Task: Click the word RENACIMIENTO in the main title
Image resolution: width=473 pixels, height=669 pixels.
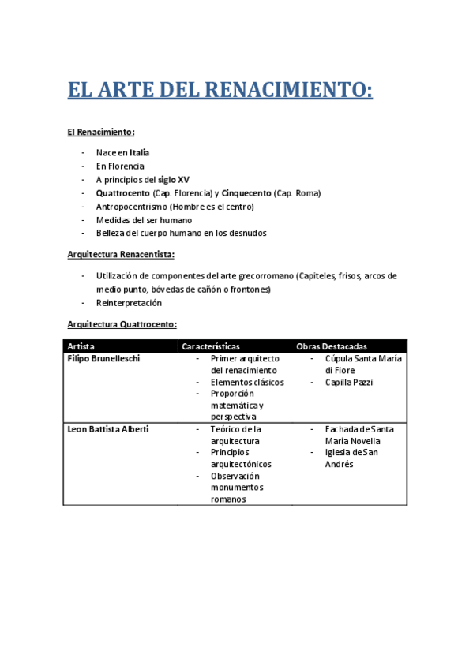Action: pos(289,90)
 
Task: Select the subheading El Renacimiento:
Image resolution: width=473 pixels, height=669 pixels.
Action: pos(101,132)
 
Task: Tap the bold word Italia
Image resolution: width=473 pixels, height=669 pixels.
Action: pos(140,152)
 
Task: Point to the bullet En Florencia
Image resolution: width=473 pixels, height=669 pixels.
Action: pos(120,166)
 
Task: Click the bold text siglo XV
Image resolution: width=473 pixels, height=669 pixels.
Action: pos(174,180)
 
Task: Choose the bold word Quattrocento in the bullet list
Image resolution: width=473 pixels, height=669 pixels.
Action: pos(123,193)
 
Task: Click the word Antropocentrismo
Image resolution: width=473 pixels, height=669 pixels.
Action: pos(131,207)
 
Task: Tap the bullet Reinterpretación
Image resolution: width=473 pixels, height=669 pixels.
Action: pos(129,303)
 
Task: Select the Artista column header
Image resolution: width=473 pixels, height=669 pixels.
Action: pos(81,346)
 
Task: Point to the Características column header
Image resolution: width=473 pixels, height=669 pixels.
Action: pos(211,346)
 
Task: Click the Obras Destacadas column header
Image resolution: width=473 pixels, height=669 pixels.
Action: pos(331,346)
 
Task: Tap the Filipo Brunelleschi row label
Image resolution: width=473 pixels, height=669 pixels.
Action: pos(103,359)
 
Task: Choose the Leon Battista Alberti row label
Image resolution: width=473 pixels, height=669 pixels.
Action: pos(108,429)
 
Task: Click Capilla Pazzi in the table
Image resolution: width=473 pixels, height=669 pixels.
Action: pos(348,383)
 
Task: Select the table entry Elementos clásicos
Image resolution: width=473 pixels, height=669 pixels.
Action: pos(247,383)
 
